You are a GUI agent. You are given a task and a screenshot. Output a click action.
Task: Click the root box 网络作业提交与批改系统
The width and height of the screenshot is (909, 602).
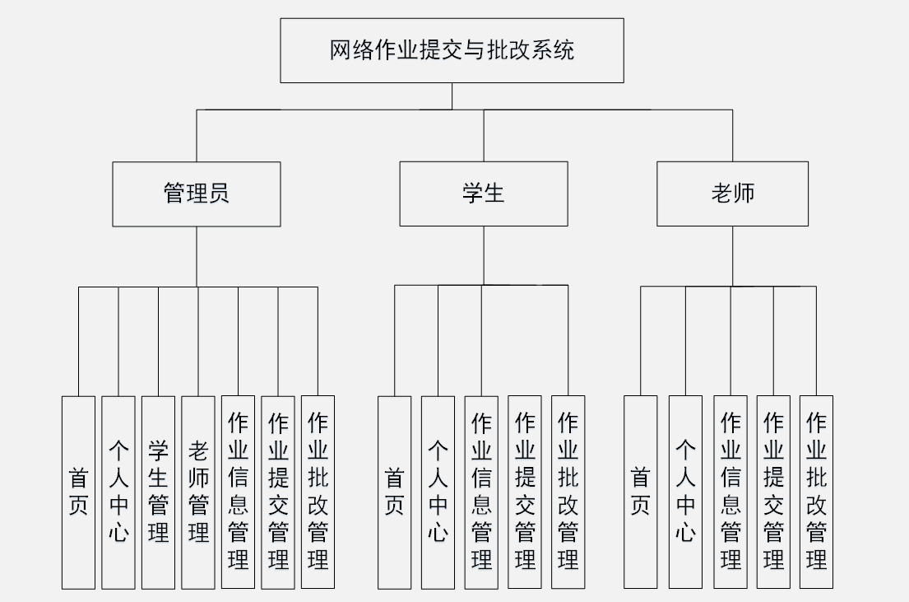coord(452,50)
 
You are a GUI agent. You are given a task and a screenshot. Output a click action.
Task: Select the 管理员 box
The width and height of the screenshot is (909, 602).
coord(196,194)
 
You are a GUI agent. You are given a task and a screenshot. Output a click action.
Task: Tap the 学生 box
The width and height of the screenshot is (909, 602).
coord(483,194)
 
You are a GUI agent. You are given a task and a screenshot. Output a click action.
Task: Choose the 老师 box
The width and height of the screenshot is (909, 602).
coord(732,194)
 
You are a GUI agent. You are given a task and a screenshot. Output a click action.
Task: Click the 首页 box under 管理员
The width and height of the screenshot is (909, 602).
coord(78,492)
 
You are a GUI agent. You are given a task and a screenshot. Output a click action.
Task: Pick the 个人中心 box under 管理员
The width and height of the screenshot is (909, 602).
coord(118,492)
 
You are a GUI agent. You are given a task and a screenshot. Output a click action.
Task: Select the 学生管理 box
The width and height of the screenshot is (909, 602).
coord(158,492)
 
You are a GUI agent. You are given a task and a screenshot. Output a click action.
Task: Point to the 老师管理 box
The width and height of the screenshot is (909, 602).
coord(198,492)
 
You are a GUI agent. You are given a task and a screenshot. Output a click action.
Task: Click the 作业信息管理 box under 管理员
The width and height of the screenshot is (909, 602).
coord(238,492)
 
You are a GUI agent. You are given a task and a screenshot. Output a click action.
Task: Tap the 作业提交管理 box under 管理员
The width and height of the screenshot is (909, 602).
coord(278,492)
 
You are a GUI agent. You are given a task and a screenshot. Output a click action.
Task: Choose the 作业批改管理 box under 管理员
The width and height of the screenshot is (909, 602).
coord(318,492)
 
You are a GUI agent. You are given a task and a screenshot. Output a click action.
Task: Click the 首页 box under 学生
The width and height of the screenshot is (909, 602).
coord(394,492)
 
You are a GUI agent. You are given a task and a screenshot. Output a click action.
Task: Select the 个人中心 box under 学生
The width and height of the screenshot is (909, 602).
coord(438,492)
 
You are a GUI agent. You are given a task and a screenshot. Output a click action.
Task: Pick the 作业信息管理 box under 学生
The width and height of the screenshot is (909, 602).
coord(481,492)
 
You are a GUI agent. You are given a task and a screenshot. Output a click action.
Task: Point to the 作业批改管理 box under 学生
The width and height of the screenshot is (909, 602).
coord(568,492)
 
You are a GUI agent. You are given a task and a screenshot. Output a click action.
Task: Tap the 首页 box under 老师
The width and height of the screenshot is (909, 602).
coord(640,492)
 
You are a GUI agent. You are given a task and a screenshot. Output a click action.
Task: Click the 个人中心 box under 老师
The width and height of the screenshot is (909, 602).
coord(685,492)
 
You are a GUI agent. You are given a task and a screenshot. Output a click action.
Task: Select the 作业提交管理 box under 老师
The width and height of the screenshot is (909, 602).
coord(773,492)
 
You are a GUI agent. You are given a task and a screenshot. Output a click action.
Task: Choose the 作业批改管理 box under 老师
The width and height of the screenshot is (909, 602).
coord(816,492)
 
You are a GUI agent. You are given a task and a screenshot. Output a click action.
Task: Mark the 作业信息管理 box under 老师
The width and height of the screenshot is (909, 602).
coord(730,492)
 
